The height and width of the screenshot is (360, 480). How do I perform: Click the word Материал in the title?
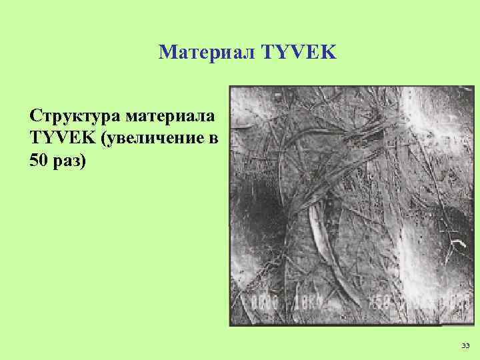[203, 52]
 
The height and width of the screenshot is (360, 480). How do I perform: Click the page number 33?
[465, 345]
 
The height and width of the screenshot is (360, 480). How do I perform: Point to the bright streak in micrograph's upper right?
[410, 120]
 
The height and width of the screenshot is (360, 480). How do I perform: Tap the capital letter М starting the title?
[166, 52]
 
